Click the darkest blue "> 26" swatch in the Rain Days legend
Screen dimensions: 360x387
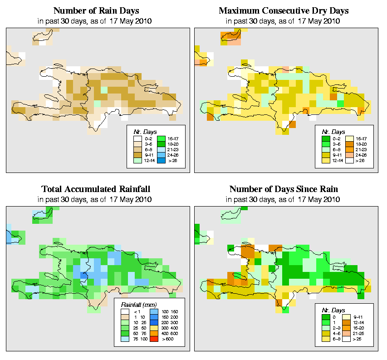(161, 161)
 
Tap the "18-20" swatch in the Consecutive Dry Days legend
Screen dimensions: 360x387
(348, 143)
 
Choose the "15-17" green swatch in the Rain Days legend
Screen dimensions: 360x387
(161, 137)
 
